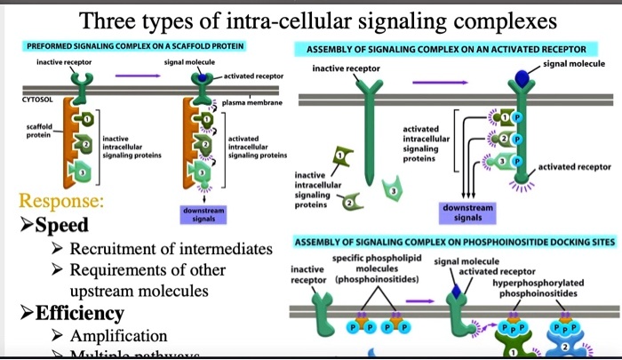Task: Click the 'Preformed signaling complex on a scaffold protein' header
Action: pyautogui.click(x=136, y=45)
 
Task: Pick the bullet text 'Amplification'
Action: pyautogui.click(x=118, y=336)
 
